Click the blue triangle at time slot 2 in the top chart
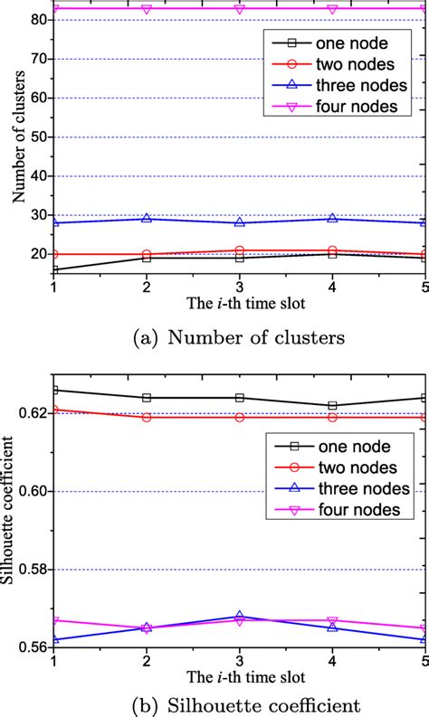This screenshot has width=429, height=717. click(147, 219)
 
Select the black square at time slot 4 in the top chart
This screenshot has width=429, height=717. click(333, 254)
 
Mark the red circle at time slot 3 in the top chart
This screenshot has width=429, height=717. click(240, 250)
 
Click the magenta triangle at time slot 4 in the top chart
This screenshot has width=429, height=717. click(333, 9)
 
